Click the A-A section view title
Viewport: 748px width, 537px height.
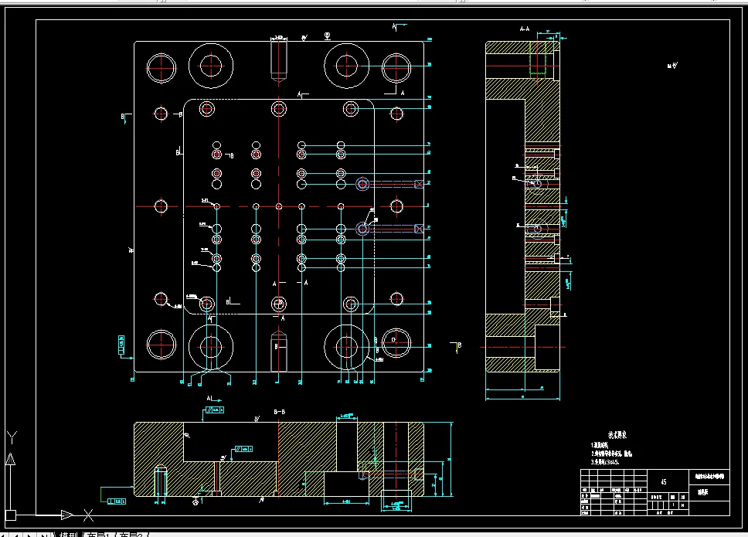click(x=525, y=29)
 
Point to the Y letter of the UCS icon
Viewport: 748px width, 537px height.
click(x=11, y=437)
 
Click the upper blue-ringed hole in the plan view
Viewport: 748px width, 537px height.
click(x=362, y=184)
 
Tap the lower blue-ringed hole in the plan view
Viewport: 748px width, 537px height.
click(x=362, y=229)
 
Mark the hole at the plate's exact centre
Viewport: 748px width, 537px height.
click(x=279, y=206)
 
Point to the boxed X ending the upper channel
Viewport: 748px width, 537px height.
click(x=419, y=184)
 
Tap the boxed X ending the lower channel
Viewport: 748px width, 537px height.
click(x=419, y=229)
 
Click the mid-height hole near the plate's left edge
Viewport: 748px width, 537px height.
click(x=161, y=206)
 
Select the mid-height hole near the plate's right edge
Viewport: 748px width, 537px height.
click(x=397, y=206)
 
